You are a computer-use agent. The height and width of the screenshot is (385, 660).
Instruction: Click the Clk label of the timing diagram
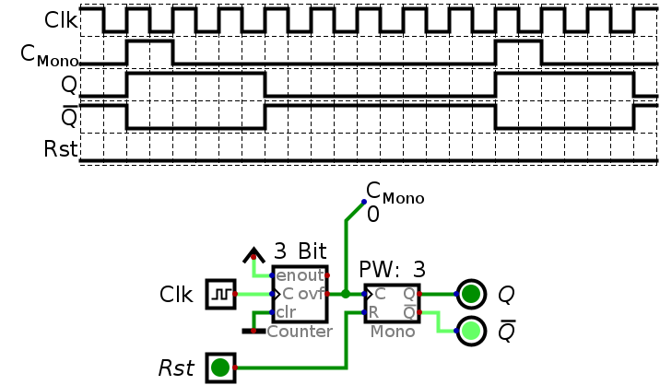coord(61,19)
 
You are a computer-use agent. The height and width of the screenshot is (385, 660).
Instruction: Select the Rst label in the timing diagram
coord(61,149)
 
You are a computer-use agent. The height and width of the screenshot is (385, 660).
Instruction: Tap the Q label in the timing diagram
coord(69,85)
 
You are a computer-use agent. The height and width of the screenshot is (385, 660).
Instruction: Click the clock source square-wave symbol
coord(221,294)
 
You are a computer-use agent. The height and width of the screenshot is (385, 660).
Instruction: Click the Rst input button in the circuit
coord(220,367)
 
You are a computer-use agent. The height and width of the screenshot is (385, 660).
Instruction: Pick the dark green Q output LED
coord(471,294)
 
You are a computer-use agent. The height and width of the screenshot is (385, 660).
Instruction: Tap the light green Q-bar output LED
coord(471,331)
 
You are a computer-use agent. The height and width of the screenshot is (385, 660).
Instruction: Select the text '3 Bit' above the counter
coord(301,251)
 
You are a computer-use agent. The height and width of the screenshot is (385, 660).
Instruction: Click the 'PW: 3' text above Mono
coord(392,269)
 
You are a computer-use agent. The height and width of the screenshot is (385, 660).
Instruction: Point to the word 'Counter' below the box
coord(300,332)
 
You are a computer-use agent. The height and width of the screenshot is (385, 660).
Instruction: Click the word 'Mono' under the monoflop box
coord(393,332)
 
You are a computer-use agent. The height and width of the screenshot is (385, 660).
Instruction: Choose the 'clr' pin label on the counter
coord(287,312)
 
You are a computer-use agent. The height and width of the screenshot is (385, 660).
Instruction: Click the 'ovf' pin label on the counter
coord(312,294)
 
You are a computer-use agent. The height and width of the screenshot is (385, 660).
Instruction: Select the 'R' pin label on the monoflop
coord(373,312)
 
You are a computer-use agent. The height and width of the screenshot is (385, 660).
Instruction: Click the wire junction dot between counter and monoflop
coord(346,294)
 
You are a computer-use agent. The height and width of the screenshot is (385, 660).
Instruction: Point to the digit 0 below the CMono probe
coord(373,215)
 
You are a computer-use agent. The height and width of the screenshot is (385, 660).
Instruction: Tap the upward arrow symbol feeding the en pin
coord(253,255)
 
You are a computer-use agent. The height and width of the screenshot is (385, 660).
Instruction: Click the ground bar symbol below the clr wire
coord(253,332)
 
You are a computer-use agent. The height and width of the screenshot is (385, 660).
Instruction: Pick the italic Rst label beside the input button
coord(176,368)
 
